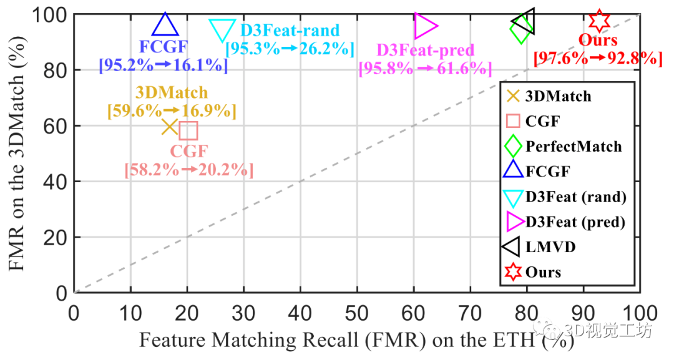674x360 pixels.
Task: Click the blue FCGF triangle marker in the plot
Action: pos(165,26)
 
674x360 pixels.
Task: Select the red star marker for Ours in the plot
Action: pos(599,21)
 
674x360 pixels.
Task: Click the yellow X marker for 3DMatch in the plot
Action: pos(170,127)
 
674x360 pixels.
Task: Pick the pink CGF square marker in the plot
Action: pos(188,130)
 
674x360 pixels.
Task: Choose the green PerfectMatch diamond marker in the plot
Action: pos(521,29)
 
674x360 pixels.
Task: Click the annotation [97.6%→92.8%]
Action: pos(597,59)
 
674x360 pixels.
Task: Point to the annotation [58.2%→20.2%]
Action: pos(189,170)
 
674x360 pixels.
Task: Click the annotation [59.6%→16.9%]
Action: pos(172,111)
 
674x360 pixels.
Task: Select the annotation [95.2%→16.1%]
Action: pos(164,64)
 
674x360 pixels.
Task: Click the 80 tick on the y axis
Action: pos(57,71)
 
